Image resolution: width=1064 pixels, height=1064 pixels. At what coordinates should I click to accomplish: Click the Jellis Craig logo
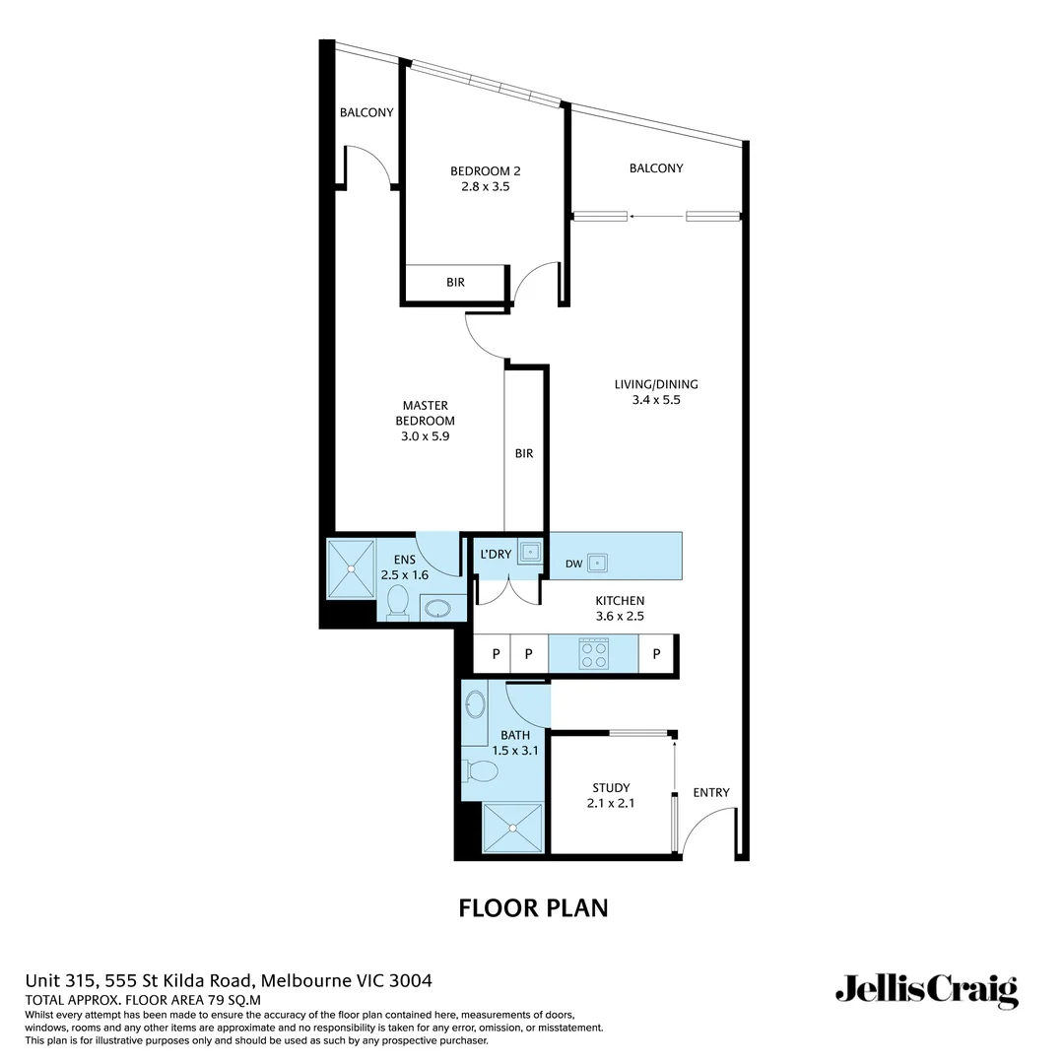coord(926,990)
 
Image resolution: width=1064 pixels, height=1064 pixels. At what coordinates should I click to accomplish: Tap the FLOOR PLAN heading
coord(533,907)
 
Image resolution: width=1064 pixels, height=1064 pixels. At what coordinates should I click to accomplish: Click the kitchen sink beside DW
coord(596,563)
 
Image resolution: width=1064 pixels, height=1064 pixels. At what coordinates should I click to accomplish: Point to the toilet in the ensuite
coord(398,602)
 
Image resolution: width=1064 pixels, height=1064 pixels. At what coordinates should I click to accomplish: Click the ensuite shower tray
coord(350,567)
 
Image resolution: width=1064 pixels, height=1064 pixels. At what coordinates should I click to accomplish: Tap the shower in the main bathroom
coord(512,829)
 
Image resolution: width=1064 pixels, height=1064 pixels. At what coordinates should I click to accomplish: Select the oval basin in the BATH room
coord(475,705)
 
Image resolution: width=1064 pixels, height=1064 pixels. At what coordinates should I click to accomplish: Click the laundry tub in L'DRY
coord(530,552)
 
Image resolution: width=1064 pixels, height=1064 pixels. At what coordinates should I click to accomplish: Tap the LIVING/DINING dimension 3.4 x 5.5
coord(656,400)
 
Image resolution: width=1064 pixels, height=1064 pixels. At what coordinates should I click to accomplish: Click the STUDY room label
coord(611,787)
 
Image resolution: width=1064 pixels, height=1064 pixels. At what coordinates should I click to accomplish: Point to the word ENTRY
coord(711,792)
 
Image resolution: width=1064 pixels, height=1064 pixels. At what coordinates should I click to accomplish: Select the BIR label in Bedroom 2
coord(455,282)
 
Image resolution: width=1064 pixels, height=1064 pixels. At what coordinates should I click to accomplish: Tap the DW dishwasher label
coord(573,564)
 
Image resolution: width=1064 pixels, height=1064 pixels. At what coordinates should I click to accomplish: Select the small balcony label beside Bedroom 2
coord(366,112)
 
